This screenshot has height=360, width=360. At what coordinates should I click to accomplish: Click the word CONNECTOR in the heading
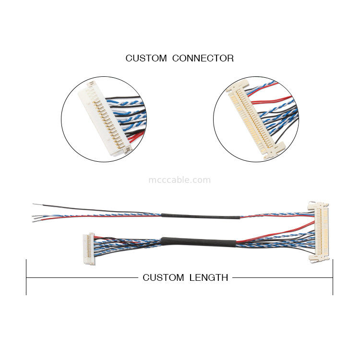click(x=203, y=59)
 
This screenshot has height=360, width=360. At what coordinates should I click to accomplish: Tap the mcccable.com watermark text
click(x=179, y=180)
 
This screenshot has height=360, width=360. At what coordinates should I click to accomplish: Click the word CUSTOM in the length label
click(x=163, y=277)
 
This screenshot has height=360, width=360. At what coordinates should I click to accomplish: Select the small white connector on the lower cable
click(x=89, y=248)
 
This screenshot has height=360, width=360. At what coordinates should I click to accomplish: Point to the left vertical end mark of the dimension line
click(x=26, y=277)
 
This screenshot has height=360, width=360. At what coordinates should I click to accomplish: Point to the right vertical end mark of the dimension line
click(x=333, y=277)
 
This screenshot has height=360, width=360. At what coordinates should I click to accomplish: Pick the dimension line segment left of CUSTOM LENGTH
click(x=82, y=277)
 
